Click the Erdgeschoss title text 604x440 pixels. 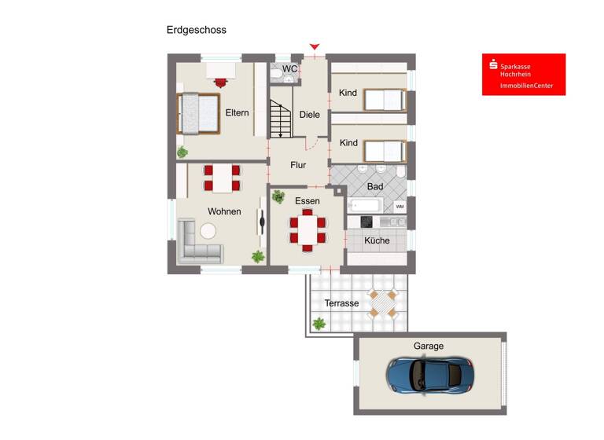[196, 30]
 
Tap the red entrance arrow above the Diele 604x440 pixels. [315, 47]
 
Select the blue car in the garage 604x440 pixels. [429, 375]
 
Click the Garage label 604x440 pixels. [429, 346]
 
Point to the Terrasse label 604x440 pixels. [341, 303]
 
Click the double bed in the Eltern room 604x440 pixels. [198, 112]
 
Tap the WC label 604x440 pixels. [289, 69]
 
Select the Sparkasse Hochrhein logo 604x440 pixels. [523, 75]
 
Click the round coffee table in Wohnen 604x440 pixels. [208, 231]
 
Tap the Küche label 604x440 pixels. [377, 241]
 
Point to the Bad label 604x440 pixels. [375, 187]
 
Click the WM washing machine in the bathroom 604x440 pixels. [400, 206]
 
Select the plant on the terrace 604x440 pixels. [319, 323]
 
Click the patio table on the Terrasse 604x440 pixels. [383, 302]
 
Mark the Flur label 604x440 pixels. [298, 165]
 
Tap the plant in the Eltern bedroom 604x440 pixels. [182, 152]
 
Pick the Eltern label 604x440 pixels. [237, 113]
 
